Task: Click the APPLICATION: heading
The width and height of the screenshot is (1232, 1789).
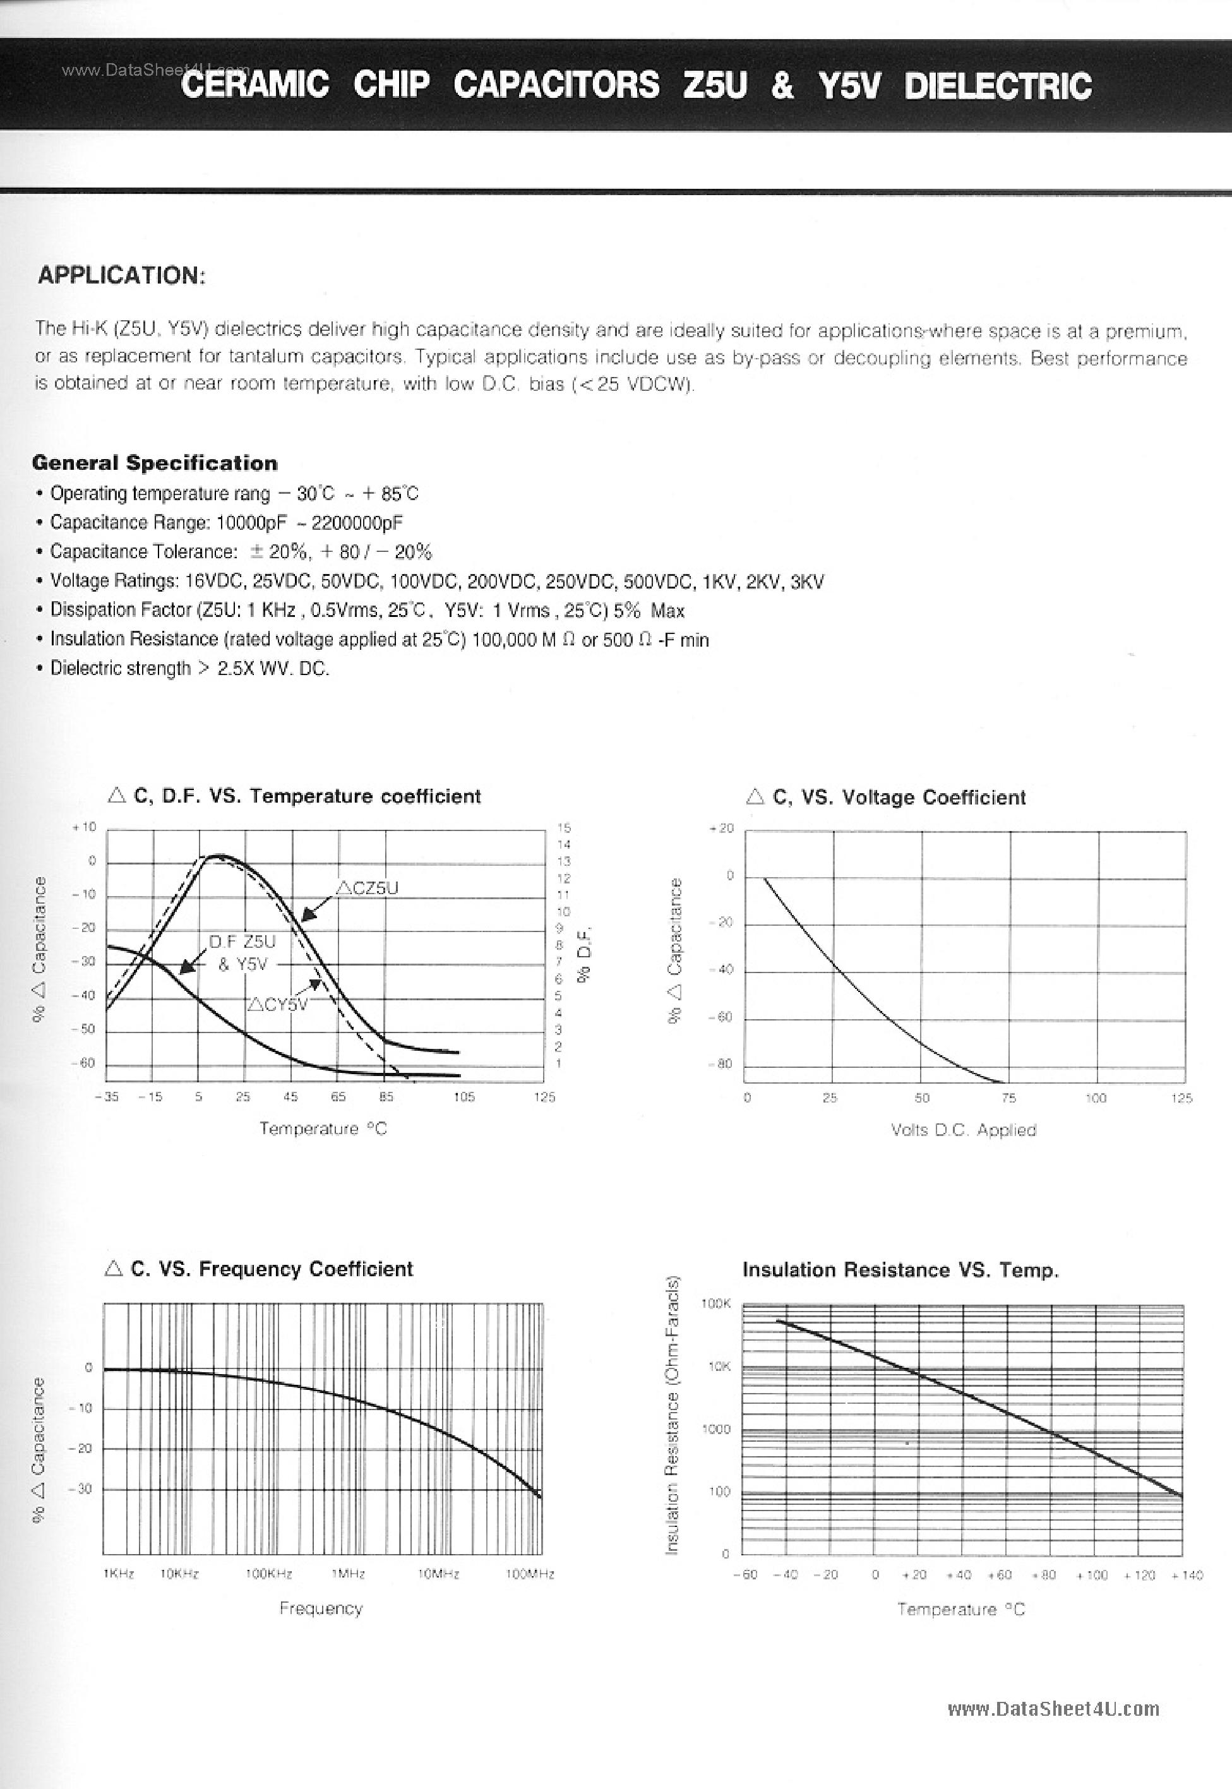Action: [121, 275]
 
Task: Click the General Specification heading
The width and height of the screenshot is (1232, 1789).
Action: [154, 463]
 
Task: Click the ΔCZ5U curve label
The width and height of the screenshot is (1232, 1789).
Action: [368, 889]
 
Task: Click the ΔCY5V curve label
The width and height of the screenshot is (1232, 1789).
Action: [277, 1004]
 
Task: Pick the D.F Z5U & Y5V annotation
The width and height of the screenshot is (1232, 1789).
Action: [242, 952]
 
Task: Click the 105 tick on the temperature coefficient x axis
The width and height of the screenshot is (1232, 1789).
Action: [464, 1097]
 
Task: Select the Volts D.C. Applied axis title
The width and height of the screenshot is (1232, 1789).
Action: [962, 1130]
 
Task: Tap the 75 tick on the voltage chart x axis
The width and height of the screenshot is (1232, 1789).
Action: [1008, 1098]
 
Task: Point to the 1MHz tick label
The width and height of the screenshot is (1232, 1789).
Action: [348, 1574]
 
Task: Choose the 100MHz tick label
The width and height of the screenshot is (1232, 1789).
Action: [530, 1574]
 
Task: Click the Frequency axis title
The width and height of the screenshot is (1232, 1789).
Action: [320, 1608]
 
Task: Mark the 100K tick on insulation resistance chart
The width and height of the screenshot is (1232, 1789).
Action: [715, 1303]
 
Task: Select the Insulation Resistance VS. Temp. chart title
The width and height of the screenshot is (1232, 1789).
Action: [900, 1269]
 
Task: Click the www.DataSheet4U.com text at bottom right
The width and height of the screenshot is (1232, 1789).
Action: [1053, 1709]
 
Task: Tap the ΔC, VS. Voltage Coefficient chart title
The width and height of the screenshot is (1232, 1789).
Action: [886, 798]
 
